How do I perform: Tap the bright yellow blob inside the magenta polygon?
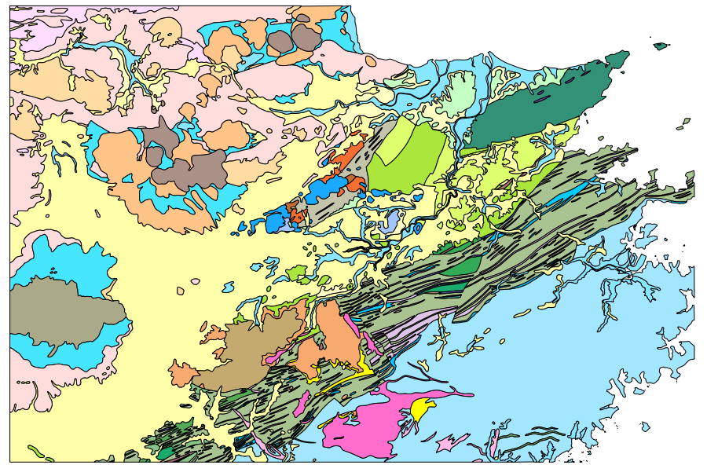click(422, 408)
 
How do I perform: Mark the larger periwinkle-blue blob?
click(389, 222)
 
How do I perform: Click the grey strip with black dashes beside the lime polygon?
click(357, 169)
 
